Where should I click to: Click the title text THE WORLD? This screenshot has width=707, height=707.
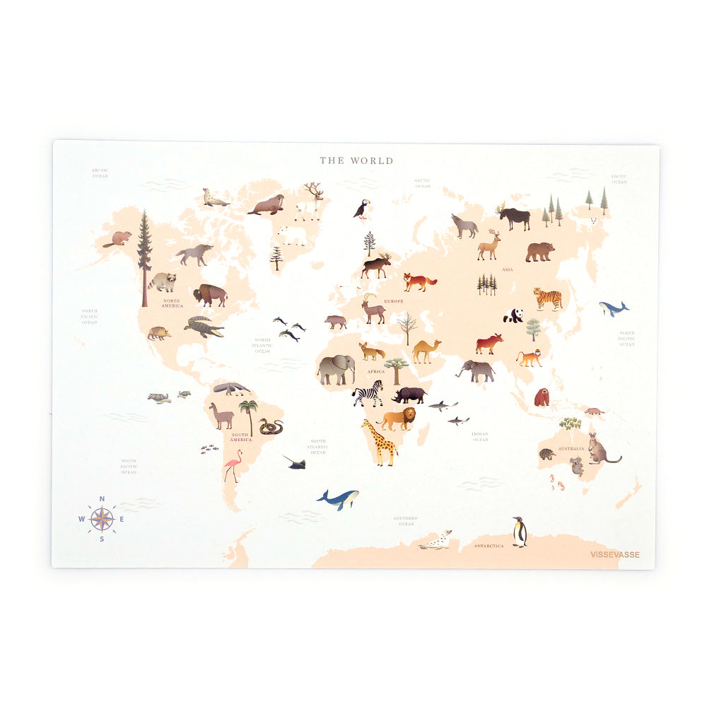click(356, 160)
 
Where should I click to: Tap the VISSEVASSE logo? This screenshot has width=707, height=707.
click(614, 554)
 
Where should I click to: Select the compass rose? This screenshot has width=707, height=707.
click(102, 520)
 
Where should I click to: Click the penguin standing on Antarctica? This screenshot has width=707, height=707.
click(520, 532)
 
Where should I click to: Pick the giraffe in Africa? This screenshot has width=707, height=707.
click(380, 443)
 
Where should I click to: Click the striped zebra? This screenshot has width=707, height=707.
click(368, 394)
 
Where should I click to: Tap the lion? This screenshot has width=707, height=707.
click(399, 419)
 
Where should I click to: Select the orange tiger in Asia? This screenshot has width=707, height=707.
click(548, 298)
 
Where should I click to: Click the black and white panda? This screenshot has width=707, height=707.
click(514, 315)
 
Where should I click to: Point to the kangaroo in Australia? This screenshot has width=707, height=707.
click(602, 449)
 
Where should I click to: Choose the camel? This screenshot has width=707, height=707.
click(426, 351)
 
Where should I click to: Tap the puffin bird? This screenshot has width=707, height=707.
click(361, 209)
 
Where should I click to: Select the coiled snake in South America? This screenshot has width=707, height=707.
click(271, 426)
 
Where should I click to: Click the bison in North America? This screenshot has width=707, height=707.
click(210, 294)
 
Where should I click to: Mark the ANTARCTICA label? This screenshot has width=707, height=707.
click(489, 546)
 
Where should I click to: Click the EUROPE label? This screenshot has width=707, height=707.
click(394, 301)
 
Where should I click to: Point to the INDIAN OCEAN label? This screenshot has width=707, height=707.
click(481, 436)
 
